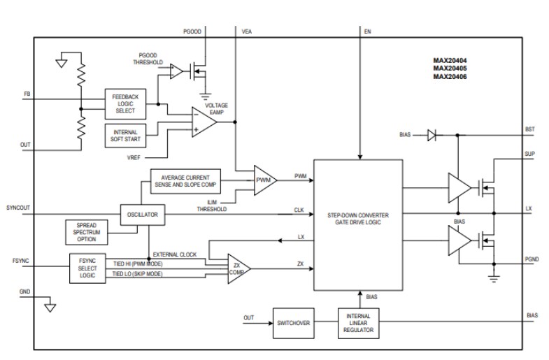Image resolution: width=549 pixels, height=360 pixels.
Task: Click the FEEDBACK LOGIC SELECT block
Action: pyautogui.click(x=124, y=103)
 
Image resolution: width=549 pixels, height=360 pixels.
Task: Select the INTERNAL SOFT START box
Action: pyautogui.click(x=124, y=135)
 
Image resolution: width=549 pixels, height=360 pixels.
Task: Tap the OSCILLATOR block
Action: pyautogui.click(x=142, y=215)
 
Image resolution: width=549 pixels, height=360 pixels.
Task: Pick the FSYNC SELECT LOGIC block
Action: pyautogui.click(x=88, y=268)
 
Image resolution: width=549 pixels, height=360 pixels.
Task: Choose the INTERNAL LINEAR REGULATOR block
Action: pyautogui.click(x=359, y=322)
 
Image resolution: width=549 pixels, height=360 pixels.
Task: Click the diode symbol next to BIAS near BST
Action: pyautogui.click(x=432, y=136)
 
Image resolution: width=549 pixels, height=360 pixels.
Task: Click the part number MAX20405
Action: pyautogui.click(x=449, y=69)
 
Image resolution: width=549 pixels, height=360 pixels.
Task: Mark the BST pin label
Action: pyautogui.click(x=529, y=130)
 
